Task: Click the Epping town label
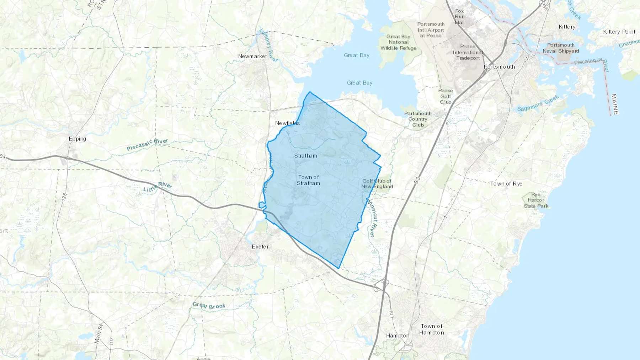coord(77,139)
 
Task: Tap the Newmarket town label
coord(252,56)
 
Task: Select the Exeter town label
coord(260,247)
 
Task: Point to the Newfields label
coord(287,123)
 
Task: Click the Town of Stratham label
coord(309,180)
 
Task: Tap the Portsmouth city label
coord(499,67)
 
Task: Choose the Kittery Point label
coord(619,32)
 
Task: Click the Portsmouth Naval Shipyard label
coord(561,48)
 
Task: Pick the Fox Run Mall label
coord(459,17)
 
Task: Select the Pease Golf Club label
coord(446,96)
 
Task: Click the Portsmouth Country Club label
coord(418,119)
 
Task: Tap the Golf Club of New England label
coord(377,184)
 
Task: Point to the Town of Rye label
coord(506,184)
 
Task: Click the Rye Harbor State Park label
coord(536,200)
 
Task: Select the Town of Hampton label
coord(432,329)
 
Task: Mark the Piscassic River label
coord(147,145)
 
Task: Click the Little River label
coord(158,187)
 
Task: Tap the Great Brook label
coord(209,306)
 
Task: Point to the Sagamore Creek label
coord(538,103)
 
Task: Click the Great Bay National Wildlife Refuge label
coord(398,42)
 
